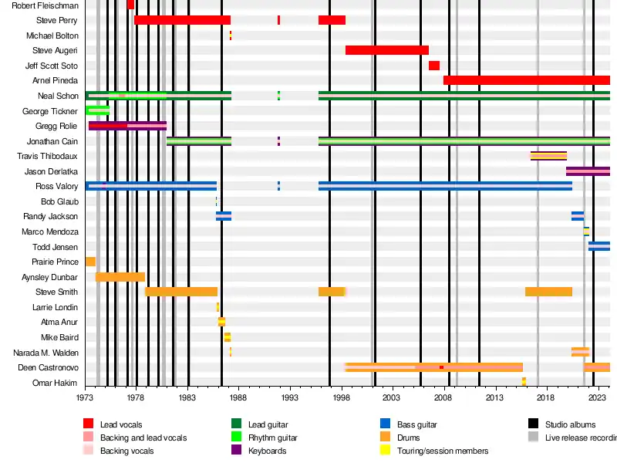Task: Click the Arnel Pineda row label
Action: tap(55, 80)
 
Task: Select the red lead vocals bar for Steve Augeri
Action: tap(386, 50)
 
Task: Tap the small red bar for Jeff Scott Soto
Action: tap(434, 66)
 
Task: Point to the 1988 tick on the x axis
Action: tap(238, 398)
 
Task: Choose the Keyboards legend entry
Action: tap(267, 451)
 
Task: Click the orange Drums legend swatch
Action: tap(386, 438)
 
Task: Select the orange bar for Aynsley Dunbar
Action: tap(120, 277)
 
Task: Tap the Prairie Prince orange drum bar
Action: tap(90, 262)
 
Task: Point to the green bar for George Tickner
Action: tap(97, 110)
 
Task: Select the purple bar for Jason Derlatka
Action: tap(588, 171)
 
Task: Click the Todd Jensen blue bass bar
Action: tap(598, 246)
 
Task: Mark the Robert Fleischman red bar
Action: tap(130, 5)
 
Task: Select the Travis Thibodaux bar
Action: tap(548, 156)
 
